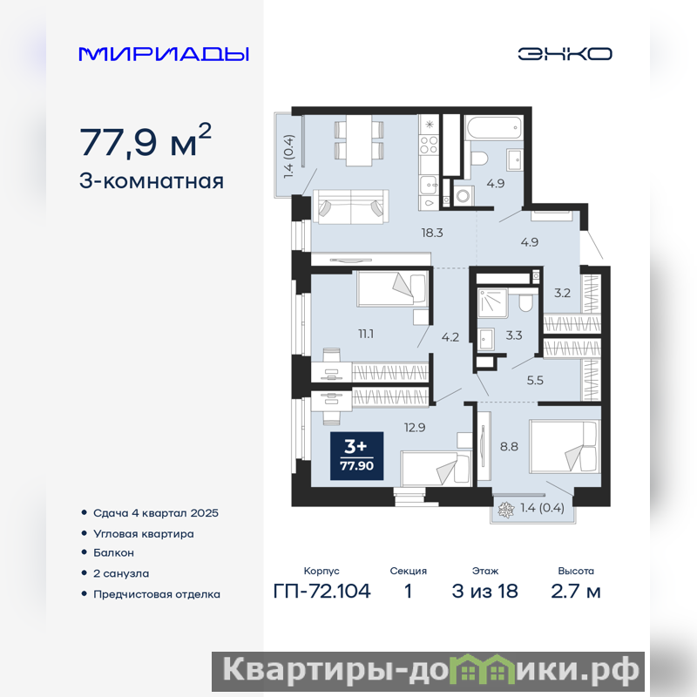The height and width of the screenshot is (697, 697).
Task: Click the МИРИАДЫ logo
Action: pyautogui.click(x=164, y=54)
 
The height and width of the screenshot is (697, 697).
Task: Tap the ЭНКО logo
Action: pyautogui.click(x=565, y=54)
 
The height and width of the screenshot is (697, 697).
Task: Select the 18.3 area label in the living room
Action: pyautogui.click(x=432, y=233)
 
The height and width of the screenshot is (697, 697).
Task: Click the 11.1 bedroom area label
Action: pyautogui.click(x=366, y=334)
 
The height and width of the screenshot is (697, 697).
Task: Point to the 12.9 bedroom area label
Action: pyautogui.click(x=415, y=428)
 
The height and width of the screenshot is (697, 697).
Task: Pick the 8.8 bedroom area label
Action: pyautogui.click(x=509, y=446)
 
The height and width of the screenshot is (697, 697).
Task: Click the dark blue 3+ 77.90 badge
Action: pyautogui.click(x=356, y=456)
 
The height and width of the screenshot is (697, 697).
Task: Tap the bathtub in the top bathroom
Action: pyautogui.click(x=493, y=126)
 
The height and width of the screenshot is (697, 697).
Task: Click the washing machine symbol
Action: pyautogui.click(x=464, y=195)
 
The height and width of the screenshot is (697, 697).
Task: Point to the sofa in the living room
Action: pyautogui.click(x=351, y=206)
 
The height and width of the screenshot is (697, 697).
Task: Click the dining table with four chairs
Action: pyautogui.click(x=359, y=140)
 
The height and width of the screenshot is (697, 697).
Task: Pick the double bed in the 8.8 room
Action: pyautogui.click(x=564, y=446)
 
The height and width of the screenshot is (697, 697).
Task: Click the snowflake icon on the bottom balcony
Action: pyautogui.click(x=505, y=510)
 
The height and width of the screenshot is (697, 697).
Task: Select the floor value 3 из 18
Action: pyautogui.click(x=485, y=592)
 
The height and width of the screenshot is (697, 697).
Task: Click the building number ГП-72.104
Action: pyautogui.click(x=321, y=592)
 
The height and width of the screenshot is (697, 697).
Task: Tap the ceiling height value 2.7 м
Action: pyautogui.click(x=576, y=592)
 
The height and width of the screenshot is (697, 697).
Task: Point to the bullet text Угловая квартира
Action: pyautogui.click(x=144, y=533)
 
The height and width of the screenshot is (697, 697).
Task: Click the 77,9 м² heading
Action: pyautogui.click(x=145, y=140)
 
